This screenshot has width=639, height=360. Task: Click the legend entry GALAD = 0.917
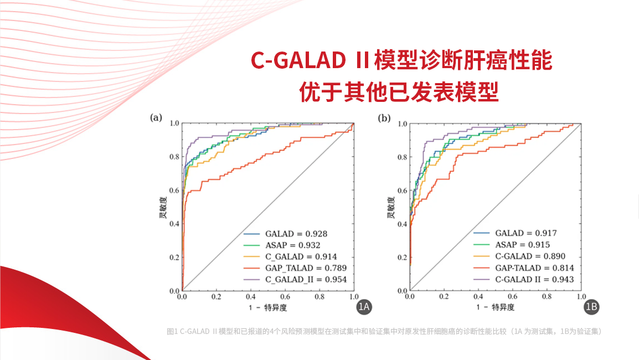tap(526, 233)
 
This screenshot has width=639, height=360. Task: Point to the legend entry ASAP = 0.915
tap(522, 245)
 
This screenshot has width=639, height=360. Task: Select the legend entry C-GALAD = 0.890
tap(530, 256)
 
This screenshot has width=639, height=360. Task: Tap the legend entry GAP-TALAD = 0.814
tap(534, 268)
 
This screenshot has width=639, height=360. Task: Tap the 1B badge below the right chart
tap(591, 306)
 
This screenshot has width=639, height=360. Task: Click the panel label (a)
tap(157, 117)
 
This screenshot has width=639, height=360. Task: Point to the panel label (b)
tap(384, 117)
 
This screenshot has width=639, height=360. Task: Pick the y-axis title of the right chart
tap(391, 207)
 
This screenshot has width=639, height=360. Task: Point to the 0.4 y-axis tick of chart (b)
tap(403, 224)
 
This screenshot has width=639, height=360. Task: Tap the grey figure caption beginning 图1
tap(384, 331)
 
